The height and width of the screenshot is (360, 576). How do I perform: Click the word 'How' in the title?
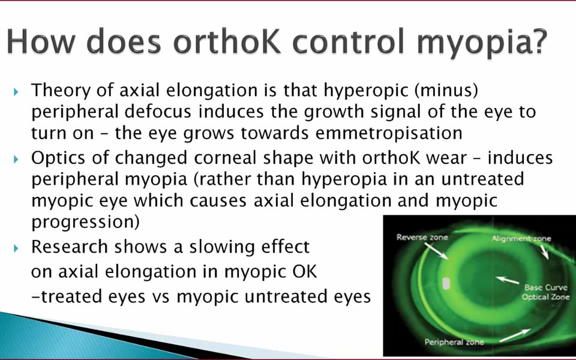41,41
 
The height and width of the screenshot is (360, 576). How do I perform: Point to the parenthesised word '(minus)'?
446,91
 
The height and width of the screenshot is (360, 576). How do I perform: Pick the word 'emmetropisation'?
389,133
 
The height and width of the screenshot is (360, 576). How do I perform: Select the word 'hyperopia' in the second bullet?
344,179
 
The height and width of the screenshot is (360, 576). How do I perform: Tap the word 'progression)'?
85,222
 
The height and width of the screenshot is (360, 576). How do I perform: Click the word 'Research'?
70,247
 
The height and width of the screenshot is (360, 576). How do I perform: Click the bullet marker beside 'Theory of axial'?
16,91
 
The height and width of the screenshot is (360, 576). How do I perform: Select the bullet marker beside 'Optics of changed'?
16,159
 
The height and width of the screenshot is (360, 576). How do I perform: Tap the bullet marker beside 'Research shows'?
16,248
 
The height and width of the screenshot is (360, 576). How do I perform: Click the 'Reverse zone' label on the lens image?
422,238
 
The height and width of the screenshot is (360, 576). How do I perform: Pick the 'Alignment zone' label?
521,239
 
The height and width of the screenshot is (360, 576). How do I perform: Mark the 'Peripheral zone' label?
454,342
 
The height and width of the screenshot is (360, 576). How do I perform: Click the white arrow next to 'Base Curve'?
508,280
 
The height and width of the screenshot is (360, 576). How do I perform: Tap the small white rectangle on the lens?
446,283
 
